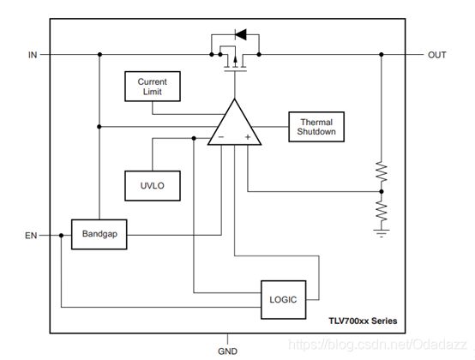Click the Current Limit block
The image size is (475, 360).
pyautogui.click(x=153, y=87)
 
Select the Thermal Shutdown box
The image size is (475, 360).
pyautogui.click(x=316, y=127)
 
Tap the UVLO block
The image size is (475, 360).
pyautogui.click(x=153, y=186)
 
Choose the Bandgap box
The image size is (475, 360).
pyautogui.click(x=99, y=234)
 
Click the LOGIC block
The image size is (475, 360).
pyautogui.click(x=283, y=300)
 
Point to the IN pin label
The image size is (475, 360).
pyautogui.click(x=33, y=55)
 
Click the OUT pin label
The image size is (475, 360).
pyautogui.click(x=436, y=55)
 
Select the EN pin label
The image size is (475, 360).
pyautogui.click(x=31, y=236)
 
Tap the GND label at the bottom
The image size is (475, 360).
pyautogui.click(x=227, y=351)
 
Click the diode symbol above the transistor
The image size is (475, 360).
pyautogui.click(x=241, y=34)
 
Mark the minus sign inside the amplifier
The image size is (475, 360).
pyautogui.click(x=221, y=137)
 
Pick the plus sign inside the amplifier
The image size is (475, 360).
pyautogui.click(x=248, y=137)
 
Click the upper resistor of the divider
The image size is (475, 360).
pyautogui.click(x=382, y=172)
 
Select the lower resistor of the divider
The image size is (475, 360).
pyautogui.click(x=382, y=211)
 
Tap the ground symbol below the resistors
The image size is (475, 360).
pyautogui.click(x=382, y=233)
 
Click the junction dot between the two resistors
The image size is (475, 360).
pyautogui.click(x=382, y=192)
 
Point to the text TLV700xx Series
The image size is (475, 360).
pyautogui.click(x=363, y=321)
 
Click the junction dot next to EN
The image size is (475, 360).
pyautogui.click(x=61, y=235)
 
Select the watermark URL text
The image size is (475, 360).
pyautogui.click(x=378, y=345)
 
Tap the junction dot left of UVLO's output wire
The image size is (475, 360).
pyautogui.click(x=194, y=138)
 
